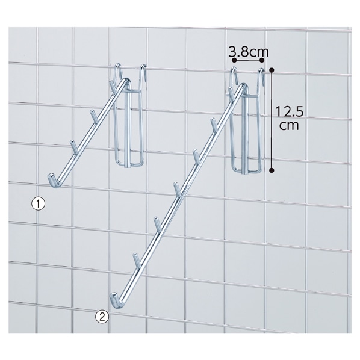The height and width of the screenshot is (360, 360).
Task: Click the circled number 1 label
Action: click(x=38, y=204)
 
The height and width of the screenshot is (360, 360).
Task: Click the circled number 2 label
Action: click(x=102, y=317)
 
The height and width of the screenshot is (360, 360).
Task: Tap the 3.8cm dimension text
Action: click(x=249, y=52)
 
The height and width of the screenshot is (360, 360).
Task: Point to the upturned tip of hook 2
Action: click(x=114, y=297)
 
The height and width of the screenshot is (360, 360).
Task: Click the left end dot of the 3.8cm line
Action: click(x=234, y=60)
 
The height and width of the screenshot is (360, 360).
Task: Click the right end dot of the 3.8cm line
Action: click(x=262, y=60)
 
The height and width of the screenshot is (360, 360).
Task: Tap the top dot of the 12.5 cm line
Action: click(x=272, y=70)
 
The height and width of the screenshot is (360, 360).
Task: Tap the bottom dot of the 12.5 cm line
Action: click(x=272, y=170)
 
